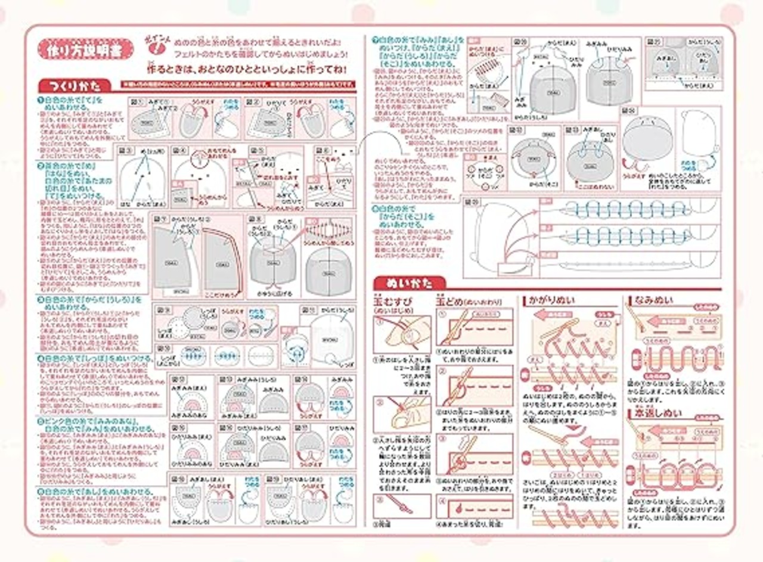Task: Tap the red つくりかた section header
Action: (75, 85)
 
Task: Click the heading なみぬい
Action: (654, 300)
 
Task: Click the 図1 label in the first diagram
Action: (137, 101)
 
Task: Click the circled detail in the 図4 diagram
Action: (201, 161)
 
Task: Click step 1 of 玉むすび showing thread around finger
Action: (401, 333)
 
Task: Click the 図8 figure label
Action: (253, 220)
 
